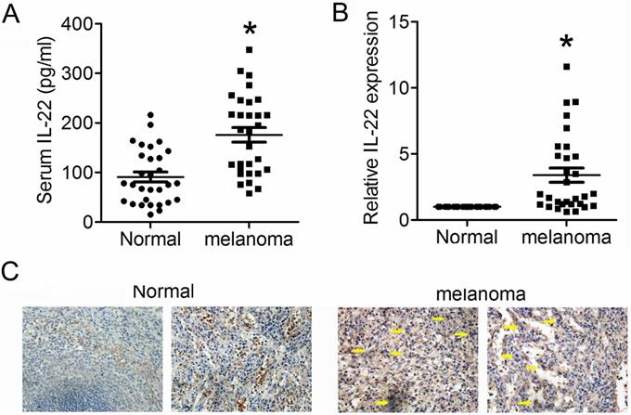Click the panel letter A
pyautogui.click(x=14, y=13)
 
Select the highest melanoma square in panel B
pyautogui.click(x=566, y=67)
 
